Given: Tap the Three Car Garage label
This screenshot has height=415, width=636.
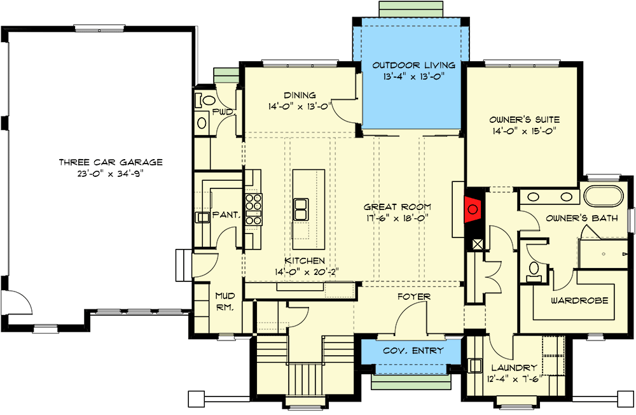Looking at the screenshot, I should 111,162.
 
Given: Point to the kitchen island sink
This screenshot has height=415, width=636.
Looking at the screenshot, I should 301,207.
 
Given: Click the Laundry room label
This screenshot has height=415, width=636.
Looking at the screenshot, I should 513,368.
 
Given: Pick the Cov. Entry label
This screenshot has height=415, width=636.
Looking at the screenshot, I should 411,351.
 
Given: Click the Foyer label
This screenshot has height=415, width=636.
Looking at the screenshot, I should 414,297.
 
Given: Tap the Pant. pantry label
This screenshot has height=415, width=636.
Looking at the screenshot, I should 225,215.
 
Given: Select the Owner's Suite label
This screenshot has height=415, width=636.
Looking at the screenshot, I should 524,119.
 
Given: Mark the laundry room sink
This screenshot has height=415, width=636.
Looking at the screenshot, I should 474,366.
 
